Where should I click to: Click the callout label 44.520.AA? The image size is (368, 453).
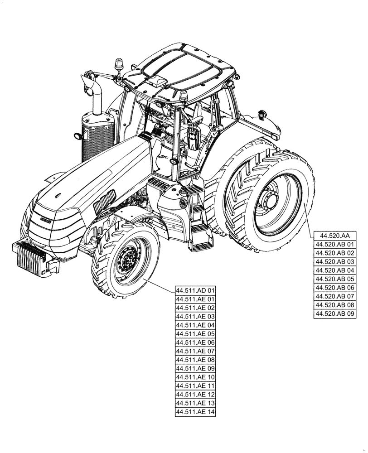click(x=334, y=236)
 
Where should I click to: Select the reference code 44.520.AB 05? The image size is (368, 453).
click(x=334, y=279)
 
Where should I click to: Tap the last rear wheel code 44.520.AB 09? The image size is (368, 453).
click(x=334, y=313)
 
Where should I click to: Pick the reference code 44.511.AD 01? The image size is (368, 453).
click(x=195, y=290)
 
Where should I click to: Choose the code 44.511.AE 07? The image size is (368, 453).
click(x=195, y=351)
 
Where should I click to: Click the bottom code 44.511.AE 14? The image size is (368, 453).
click(x=195, y=412)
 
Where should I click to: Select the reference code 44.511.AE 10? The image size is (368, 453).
click(x=195, y=377)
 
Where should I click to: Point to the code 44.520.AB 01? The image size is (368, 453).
click(x=334, y=245)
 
